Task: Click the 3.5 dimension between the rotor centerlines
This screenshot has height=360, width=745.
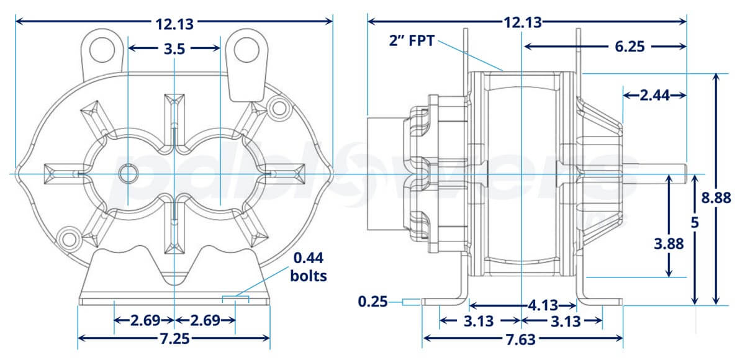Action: (174, 49)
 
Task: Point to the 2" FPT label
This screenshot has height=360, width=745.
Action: (412, 42)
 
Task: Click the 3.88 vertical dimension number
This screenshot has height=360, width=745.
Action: (669, 244)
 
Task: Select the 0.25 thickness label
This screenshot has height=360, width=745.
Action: (372, 302)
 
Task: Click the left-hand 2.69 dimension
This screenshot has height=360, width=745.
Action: (144, 321)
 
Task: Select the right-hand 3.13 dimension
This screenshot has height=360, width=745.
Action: (566, 322)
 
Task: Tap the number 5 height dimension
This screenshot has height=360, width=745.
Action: (695, 223)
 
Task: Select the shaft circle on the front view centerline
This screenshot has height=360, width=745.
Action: (127, 173)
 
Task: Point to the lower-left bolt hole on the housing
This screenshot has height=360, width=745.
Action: (68, 236)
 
